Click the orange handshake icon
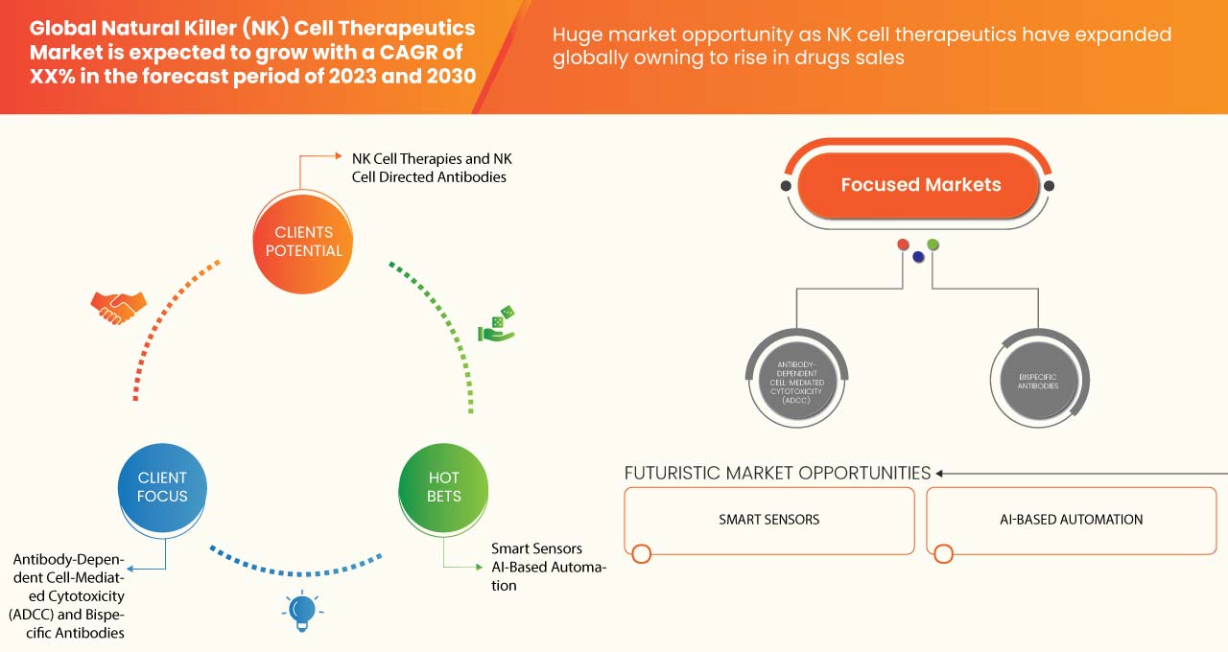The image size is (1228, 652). tap(118, 308)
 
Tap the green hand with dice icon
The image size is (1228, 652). tap(496, 324)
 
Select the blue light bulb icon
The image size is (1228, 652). tap(302, 612)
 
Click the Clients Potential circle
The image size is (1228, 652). tap(303, 243)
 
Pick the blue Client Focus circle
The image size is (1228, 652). tap(162, 487)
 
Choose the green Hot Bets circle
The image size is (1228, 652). tap(443, 487)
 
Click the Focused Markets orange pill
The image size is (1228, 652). tap(919, 185)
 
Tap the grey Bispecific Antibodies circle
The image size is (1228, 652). tap(1038, 382)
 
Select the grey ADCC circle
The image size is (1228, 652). tap(796, 382)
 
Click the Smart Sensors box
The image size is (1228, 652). tap(769, 521)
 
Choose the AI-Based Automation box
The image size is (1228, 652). tap(1072, 521)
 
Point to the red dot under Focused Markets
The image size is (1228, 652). tap(903, 244)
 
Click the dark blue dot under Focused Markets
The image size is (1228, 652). tap(918, 257)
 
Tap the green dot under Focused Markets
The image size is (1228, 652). tap(933, 244)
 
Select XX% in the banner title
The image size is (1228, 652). tap(52, 76)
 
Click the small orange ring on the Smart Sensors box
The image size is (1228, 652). tap(642, 554)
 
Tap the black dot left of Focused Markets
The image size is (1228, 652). tap(786, 186)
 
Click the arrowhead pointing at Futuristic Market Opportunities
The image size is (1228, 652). tap(939, 474)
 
